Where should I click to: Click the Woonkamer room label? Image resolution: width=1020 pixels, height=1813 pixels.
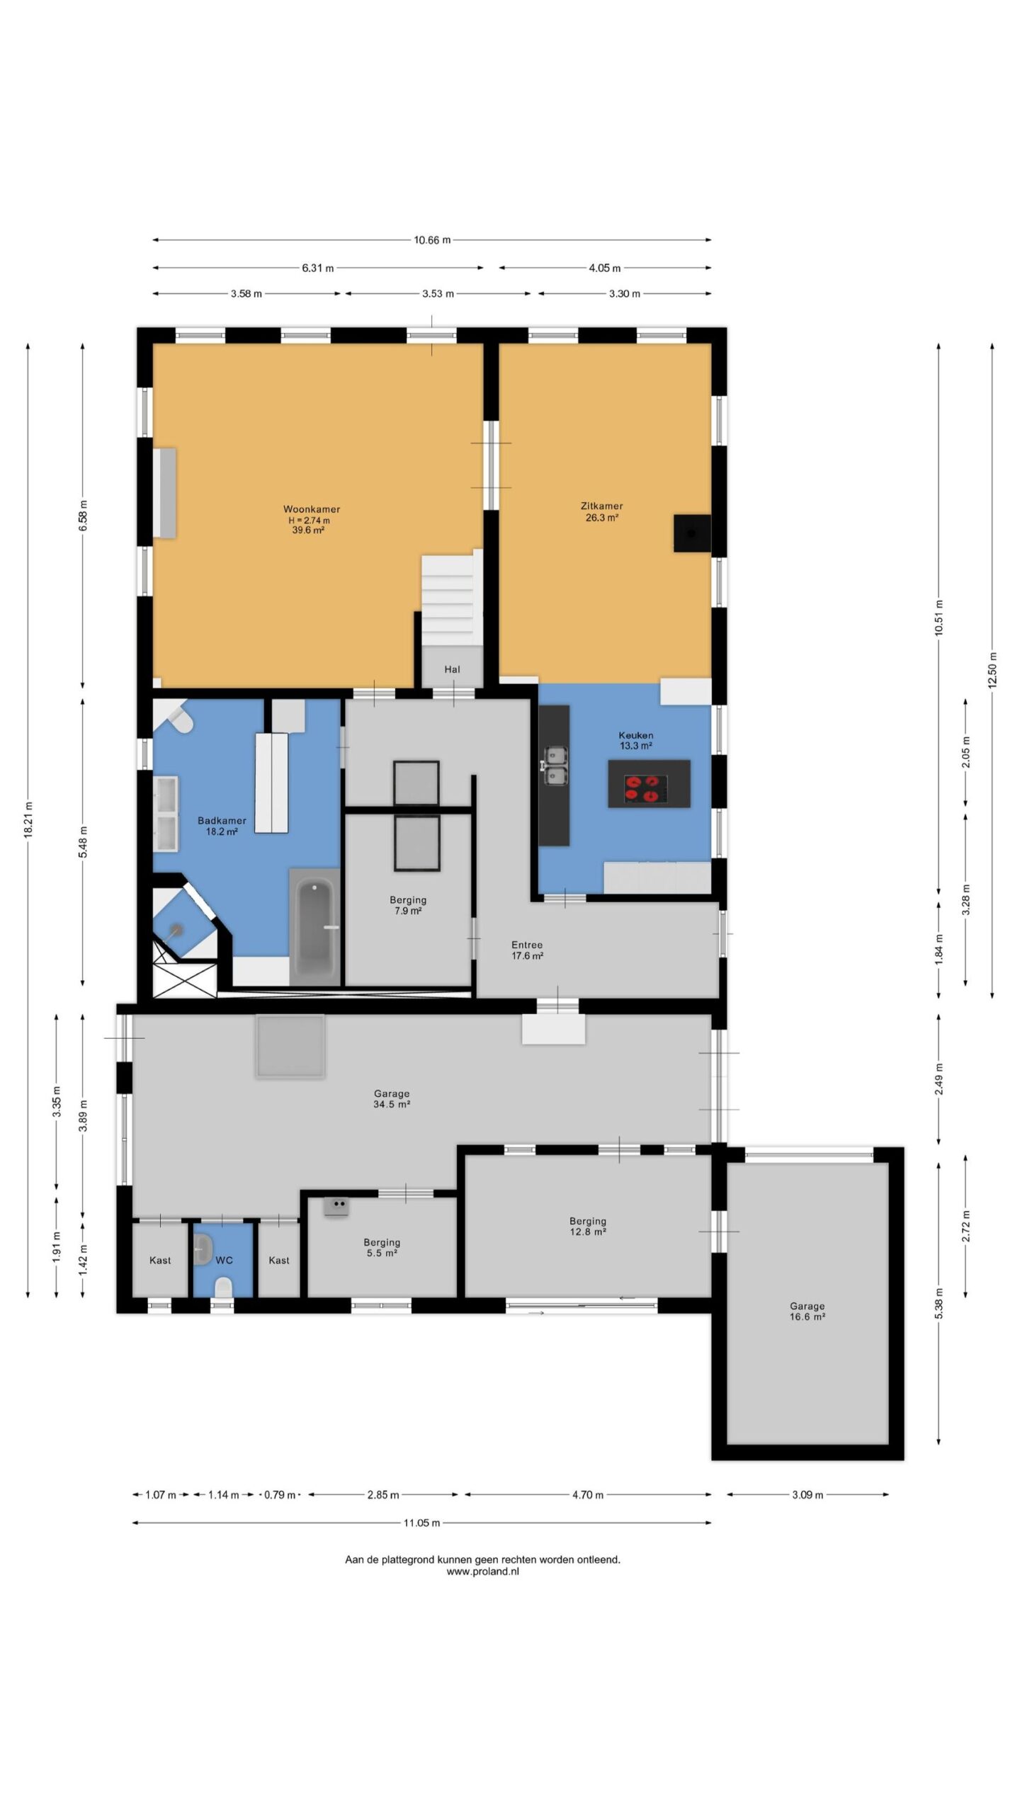coord(312,508)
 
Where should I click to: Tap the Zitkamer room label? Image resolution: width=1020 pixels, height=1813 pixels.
coord(601,506)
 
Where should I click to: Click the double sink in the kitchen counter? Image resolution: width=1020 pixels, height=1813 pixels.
coord(555,766)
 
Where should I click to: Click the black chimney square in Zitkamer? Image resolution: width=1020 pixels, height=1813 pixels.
coord(691,533)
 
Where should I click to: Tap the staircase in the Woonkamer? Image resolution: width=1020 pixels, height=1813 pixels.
coord(448,601)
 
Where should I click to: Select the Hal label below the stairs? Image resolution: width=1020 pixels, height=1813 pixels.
coord(452,669)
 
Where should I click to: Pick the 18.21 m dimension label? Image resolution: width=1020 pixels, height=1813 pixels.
coord(28,820)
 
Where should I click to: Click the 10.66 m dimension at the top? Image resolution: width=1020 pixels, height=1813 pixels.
coord(432,240)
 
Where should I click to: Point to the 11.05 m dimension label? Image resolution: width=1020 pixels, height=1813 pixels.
coord(422,1523)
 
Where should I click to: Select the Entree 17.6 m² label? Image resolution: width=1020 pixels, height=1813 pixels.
coord(527,950)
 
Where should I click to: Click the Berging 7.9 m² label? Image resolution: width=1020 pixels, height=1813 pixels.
coord(408,905)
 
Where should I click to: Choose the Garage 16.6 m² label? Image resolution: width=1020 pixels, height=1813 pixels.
coord(807,1311)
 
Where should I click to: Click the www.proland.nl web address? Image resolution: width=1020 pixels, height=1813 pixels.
coord(482,1571)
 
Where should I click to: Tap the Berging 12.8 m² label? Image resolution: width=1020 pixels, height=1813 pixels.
coord(587,1226)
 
